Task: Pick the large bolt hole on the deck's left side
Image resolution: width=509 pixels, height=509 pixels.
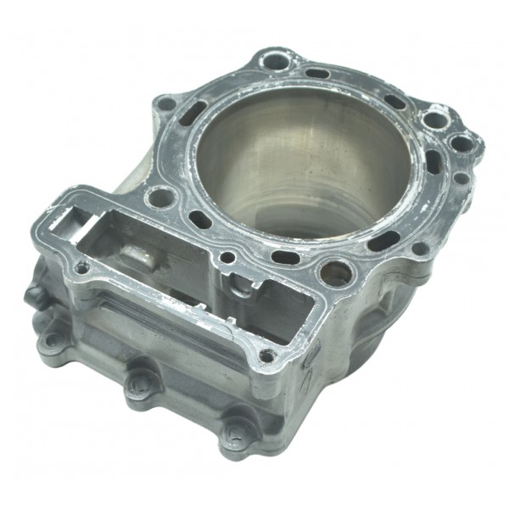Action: coord(159,200)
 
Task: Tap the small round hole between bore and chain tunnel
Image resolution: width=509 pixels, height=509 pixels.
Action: coord(227,256)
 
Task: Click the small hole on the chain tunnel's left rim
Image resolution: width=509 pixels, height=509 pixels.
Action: coord(81,267)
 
